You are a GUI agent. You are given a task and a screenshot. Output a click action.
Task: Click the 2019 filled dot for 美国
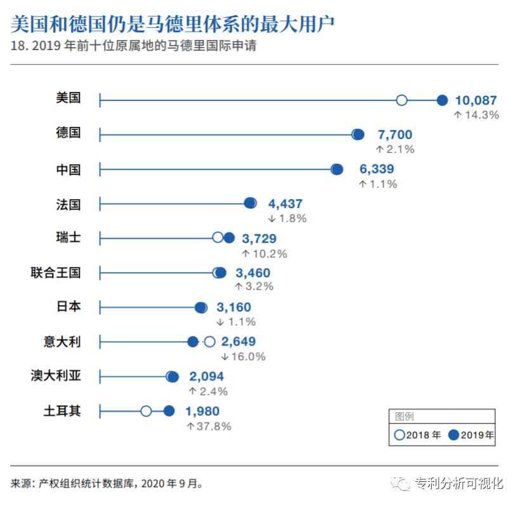(x=442, y=100)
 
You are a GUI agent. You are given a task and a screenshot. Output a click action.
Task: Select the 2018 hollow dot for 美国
(x=401, y=100)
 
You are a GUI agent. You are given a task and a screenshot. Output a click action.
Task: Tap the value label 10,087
(x=476, y=100)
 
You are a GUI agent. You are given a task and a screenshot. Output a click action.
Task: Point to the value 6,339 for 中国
(x=377, y=169)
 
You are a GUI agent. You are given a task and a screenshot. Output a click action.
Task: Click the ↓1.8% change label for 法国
(x=287, y=218)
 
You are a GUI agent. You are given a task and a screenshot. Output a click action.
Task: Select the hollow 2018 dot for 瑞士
(x=218, y=237)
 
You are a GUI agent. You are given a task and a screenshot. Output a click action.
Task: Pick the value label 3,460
(x=253, y=273)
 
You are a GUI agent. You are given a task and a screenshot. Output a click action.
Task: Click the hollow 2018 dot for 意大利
(x=209, y=342)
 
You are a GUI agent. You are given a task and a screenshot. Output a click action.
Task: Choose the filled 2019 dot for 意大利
(x=193, y=342)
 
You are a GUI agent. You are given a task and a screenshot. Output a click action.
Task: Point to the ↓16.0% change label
(x=243, y=356)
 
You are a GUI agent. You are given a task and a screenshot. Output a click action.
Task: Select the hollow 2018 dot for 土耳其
(x=146, y=411)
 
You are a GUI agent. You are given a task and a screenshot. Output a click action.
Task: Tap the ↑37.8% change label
(x=209, y=426)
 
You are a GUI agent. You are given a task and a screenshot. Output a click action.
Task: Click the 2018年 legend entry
(x=417, y=435)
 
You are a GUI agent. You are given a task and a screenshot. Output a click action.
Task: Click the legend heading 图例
(x=404, y=417)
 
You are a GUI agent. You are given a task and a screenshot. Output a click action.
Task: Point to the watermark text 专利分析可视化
(x=459, y=483)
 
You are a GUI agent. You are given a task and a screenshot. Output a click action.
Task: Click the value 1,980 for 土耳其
(x=202, y=412)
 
